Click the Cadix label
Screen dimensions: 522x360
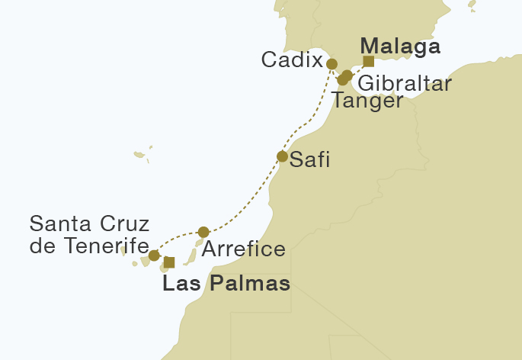291,60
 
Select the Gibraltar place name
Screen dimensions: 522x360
404,82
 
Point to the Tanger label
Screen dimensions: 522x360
367,101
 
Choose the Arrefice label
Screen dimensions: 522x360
245,249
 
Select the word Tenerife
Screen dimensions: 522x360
104,246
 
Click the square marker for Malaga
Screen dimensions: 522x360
368,62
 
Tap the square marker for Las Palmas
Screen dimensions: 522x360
169,262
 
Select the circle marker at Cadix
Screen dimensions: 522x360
331,63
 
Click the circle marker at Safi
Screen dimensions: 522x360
282,157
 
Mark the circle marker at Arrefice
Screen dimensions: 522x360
203,232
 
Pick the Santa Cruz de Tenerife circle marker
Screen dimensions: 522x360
154,255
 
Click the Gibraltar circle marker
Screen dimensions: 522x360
347,75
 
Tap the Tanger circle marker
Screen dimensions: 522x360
342,80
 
